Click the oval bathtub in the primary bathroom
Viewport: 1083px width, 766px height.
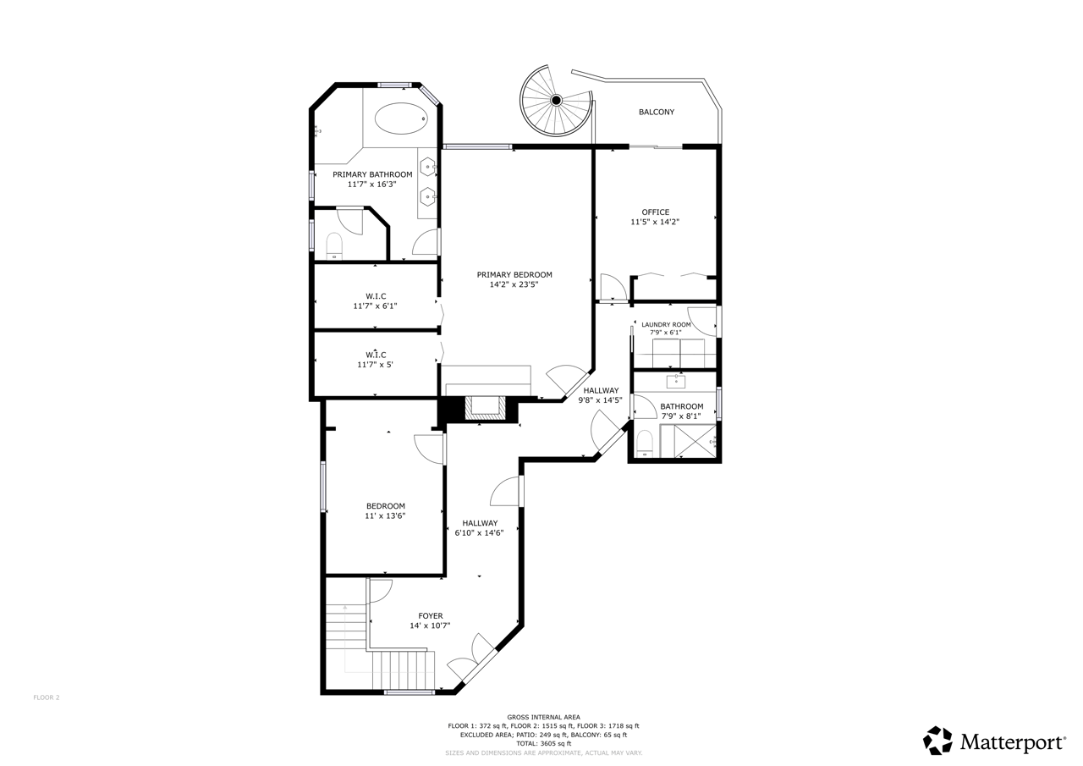(x=401, y=118)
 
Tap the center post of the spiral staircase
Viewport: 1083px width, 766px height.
(x=556, y=100)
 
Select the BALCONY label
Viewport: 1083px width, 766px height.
(x=656, y=113)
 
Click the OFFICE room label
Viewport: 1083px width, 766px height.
(x=655, y=212)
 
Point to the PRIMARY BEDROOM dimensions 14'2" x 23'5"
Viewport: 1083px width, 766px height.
(x=514, y=285)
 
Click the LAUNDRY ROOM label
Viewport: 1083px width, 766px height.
(x=666, y=324)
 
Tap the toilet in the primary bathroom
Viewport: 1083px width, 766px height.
(x=334, y=246)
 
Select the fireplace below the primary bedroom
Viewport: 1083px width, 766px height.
(x=485, y=408)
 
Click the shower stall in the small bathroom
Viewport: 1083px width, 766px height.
(x=695, y=440)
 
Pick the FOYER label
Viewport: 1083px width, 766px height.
(x=431, y=615)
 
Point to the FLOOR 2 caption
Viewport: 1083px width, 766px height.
(x=47, y=697)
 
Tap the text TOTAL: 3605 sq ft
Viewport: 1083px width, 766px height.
(x=543, y=743)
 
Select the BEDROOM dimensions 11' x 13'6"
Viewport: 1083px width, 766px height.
(x=385, y=516)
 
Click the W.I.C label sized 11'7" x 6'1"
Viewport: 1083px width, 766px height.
(x=376, y=296)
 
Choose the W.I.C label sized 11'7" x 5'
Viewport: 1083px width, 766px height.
(x=376, y=355)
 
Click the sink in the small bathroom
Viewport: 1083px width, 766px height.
(x=675, y=381)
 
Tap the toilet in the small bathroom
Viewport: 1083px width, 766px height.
(x=645, y=444)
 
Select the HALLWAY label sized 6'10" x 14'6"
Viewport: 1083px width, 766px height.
(x=480, y=523)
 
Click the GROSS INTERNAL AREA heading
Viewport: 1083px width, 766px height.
(x=543, y=717)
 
